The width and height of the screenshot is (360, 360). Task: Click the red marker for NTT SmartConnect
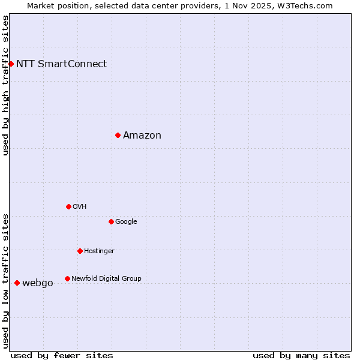[x=11, y=64]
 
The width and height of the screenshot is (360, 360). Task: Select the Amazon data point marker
[x=118, y=135]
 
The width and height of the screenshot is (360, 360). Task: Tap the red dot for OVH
[x=68, y=206]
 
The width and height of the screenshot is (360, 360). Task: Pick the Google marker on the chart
[x=111, y=221]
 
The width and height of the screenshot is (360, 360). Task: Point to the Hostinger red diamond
[x=80, y=251]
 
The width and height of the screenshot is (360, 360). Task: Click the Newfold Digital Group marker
[x=67, y=278]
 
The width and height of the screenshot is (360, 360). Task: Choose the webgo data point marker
[x=17, y=283]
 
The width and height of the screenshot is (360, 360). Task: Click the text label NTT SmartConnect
[x=61, y=64]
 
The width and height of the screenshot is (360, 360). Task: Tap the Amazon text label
[x=142, y=135]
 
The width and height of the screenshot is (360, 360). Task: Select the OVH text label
[x=80, y=206]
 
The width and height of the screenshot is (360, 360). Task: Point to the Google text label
[x=126, y=221]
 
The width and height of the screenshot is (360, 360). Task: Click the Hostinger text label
[x=99, y=251]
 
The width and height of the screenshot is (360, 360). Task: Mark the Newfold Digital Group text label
[x=106, y=278]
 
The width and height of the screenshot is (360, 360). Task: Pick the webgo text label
[x=37, y=283]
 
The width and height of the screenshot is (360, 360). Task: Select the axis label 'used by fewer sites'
[x=62, y=355]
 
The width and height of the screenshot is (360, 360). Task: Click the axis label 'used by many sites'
[x=301, y=355]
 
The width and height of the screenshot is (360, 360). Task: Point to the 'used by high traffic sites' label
[x=5, y=85]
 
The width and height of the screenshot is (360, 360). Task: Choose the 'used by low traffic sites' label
[x=5, y=280]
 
